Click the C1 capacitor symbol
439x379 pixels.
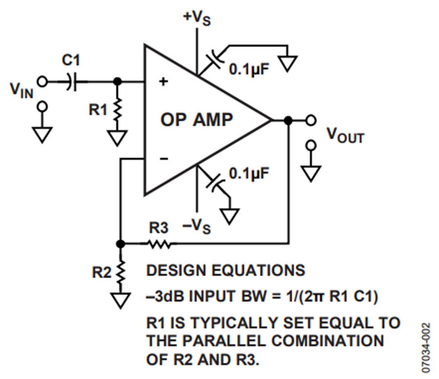[x=72, y=82]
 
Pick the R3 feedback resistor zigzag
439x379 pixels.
[x=159, y=244]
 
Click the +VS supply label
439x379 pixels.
[x=197, y=18]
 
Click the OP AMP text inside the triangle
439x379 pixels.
[x=197, y=120]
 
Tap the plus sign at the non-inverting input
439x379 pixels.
[x=163, y=82]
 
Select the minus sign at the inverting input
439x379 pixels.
[x=164, y=159]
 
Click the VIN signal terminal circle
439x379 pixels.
[x=42, y=82]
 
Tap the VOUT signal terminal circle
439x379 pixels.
[x=311, y=120]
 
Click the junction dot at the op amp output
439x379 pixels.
[x=288, y=120]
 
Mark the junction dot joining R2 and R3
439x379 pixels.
[x=120, y=244]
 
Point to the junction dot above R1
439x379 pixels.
[x=118, y=82]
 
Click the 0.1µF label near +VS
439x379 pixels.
[x=249, y=69]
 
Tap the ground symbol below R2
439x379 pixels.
[x=120, y=300]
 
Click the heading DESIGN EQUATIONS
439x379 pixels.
[x=226, y=270]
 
